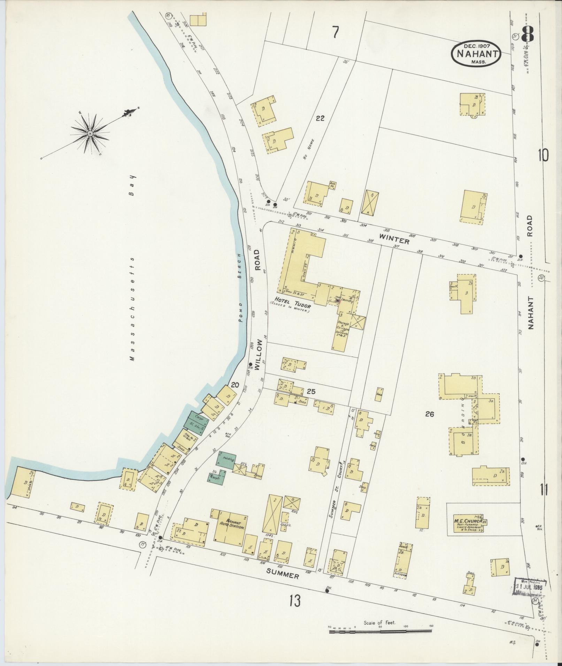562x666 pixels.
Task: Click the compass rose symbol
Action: coord(90,133)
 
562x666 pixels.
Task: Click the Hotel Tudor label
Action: coord(291,299)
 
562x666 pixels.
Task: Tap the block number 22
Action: coord(320,118)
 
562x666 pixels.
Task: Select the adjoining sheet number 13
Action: coord(294,601)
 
